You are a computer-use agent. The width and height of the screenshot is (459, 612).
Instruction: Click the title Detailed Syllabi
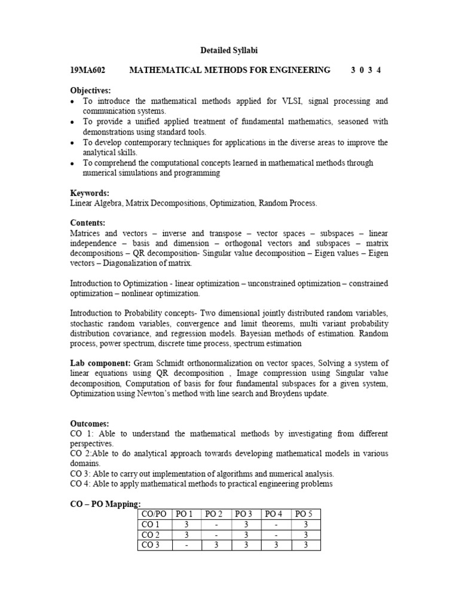[229, 51]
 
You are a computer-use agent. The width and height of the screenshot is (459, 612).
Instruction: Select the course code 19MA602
[88, 71]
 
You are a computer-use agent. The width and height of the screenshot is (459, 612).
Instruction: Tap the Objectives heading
[91, 90]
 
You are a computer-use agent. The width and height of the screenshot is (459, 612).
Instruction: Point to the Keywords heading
[90, 194]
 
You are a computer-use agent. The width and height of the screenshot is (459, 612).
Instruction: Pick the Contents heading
[88, 223]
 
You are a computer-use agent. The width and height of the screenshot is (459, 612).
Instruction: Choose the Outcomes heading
[90, 424]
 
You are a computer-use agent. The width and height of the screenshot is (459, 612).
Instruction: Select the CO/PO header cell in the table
[154, 514]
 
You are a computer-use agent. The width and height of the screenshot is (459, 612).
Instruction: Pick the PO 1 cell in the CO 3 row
[187, 545]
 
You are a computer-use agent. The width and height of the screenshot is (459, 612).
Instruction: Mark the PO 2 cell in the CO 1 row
[216, 524]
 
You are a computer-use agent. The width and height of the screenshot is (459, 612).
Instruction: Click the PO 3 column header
[246, 514]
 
